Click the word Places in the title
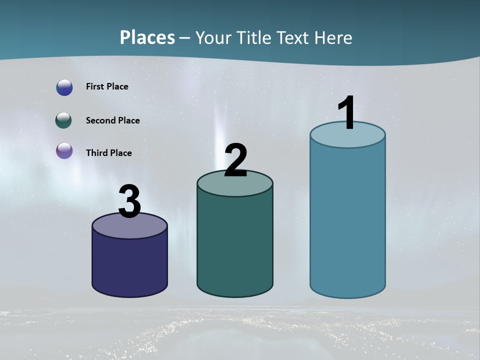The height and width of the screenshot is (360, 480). click(147, 37)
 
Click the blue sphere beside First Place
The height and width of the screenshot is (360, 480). click(64, 87)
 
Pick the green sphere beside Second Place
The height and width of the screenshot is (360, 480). click(63, 120)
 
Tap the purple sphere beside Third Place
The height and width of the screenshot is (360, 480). click(64, 150)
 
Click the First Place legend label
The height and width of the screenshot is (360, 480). click(107, 86)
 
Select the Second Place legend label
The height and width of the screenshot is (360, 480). click(112, 120)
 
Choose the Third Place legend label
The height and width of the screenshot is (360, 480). click(108, 153)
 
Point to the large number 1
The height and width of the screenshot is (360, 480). click(347, 112)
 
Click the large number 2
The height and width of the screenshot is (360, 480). click(236, 160)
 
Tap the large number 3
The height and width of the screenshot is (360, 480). click(129, 202)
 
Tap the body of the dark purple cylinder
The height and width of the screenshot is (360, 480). click(129, 265)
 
